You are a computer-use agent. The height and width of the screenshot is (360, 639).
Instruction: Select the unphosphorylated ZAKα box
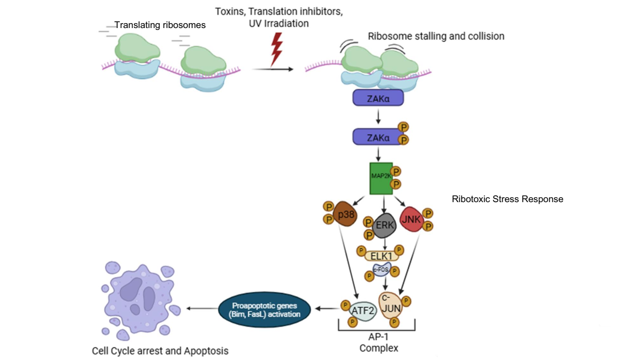point(378,98)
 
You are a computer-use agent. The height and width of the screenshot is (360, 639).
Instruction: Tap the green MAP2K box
point(381,178)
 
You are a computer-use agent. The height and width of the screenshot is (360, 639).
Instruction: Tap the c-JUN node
point(390,304)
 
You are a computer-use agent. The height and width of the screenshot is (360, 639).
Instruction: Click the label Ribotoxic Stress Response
point(507,199)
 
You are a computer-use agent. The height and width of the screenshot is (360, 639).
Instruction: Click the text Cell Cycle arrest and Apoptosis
point(160,351)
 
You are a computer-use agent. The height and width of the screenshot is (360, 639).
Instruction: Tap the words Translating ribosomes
point(160,25)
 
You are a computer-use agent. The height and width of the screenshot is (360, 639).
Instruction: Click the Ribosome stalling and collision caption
point(436,36)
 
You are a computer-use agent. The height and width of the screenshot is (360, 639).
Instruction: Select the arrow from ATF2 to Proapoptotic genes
point(326,309)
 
